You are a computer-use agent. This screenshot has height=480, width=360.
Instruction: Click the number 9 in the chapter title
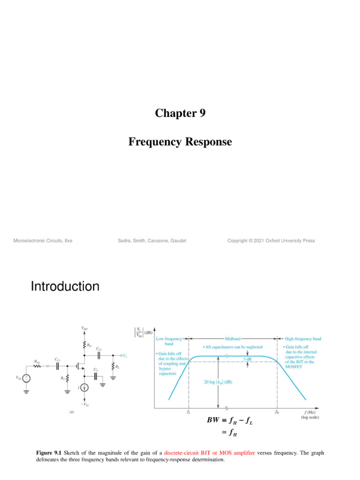click(x=202, y=113)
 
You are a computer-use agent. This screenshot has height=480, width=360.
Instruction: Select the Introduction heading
click(x=65, y=286)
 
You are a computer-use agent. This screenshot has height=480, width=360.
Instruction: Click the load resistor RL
click(x=113, y=367)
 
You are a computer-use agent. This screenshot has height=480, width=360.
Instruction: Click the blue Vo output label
click(x=126, y=355)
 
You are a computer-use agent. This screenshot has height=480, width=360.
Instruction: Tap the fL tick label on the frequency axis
click(x=188, y=413)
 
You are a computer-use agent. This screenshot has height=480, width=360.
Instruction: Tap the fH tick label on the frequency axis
click(x=277, y=413)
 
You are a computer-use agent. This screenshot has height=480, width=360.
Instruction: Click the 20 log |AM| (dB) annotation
click(x=218, y=382)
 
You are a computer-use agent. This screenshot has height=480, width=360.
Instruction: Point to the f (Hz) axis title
click(x=310, y=412)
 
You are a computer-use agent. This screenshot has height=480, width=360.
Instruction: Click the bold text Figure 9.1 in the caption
click(x=50, y=454)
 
